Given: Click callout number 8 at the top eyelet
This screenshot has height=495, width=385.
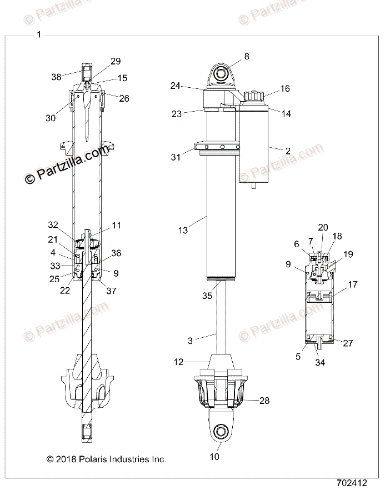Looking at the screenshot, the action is click(x=247, y=56).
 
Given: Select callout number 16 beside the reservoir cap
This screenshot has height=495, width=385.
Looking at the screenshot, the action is click(x=285, y=89).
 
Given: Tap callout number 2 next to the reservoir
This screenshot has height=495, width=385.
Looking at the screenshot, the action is click(x=288, y=151).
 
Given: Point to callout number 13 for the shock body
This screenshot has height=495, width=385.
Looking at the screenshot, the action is click(x=183, y=229).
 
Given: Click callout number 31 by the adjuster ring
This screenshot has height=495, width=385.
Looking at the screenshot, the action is click(x=176, y=157).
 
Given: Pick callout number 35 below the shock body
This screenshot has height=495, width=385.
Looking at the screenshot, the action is click(x=207, y=296).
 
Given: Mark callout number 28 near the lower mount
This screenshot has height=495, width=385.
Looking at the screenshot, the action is click(x=264, y=401).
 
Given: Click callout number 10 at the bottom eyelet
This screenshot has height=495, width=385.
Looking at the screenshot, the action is click(x=214, y=457).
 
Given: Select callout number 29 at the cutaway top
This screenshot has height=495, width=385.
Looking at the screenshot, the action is click(x=116, y=61).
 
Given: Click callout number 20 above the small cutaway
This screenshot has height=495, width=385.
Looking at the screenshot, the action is click(x=323, y=227).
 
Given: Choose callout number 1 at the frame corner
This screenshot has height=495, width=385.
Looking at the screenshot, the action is click(x=38, y=34).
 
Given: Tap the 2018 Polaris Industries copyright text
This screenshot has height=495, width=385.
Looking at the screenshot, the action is click(x=107, y=459).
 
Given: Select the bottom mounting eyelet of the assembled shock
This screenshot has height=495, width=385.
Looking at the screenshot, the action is click(x=219, y=431).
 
